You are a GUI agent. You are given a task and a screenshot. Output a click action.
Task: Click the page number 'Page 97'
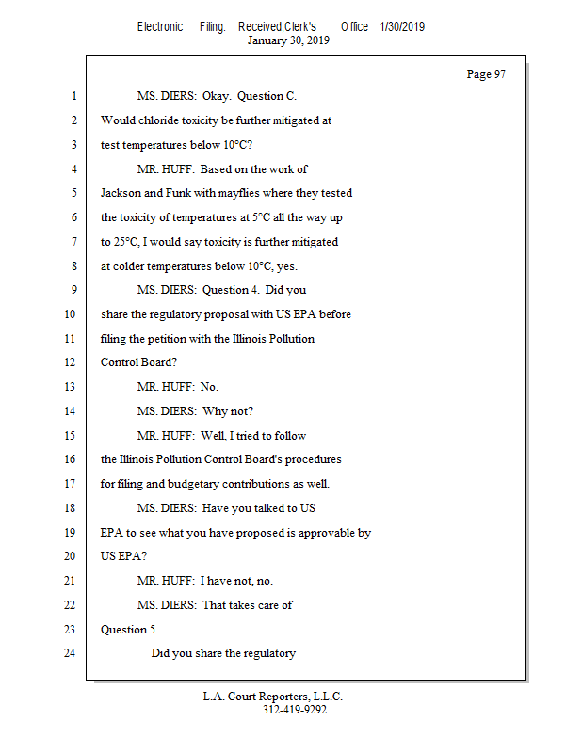tap(486, 74)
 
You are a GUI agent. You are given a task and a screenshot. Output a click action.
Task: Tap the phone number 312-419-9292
tap(294, 710)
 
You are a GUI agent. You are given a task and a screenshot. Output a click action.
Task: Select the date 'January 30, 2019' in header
tap(288, 40)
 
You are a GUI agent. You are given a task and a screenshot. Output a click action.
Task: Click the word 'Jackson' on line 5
tap(121, 193)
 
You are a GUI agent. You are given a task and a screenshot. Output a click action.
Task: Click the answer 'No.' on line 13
tap(209, 387)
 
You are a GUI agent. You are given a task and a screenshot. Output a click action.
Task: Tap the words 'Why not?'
tap(228, 411)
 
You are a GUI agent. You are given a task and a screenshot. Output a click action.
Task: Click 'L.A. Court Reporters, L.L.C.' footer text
tap(273, 697)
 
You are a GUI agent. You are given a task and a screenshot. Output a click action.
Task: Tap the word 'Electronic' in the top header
tap(160, 27)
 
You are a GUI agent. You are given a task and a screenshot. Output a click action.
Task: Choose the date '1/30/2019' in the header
tap(402, 27)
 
